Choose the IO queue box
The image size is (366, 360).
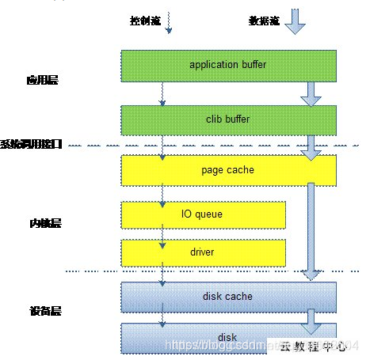[203, 214]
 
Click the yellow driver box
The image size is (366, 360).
[203, 252]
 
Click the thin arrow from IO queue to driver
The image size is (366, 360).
[163, 233]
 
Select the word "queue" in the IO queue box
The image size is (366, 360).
[210, 214]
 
